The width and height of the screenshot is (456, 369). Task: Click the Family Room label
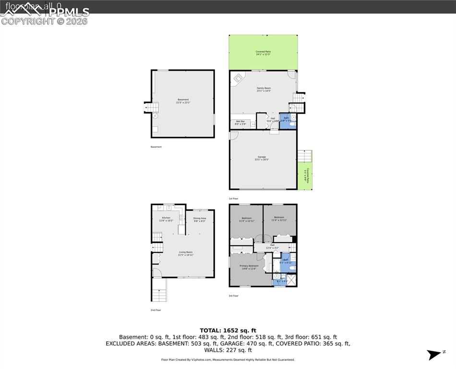[264, 88]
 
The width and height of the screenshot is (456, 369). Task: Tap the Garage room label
[261, 157]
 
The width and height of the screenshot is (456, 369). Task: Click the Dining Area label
[200, 219]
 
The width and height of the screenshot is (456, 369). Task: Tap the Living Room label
[186, 253]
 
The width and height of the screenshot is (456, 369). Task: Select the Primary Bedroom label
[249, 266]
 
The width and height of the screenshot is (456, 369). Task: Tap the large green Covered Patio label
[263, 52]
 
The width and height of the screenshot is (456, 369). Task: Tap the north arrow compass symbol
[434, 355]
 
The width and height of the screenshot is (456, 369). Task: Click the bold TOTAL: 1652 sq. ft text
[228, 330]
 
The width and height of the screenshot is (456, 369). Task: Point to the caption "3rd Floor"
[233, 296]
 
